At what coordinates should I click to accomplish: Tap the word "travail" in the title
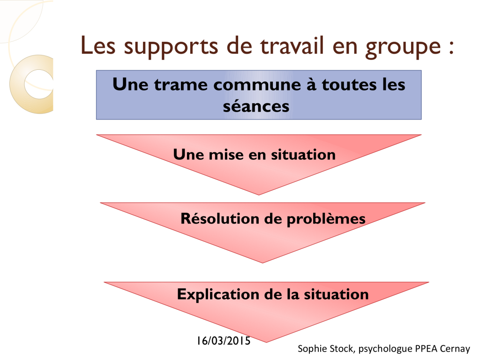(x=292, y=45)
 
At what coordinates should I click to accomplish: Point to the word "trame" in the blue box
(x=180, y=85)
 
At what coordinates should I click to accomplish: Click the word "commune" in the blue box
(x=257, y=85)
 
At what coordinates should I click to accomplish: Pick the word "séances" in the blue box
(x=256, y=106)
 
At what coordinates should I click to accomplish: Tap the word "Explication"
(x=218, y=294)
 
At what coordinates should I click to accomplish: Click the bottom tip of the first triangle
(x=259, y=195)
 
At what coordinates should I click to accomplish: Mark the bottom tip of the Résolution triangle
(x=262, y=263)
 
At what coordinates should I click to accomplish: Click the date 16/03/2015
(x=224, y=341)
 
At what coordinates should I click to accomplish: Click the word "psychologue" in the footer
(x=385, y=349)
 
